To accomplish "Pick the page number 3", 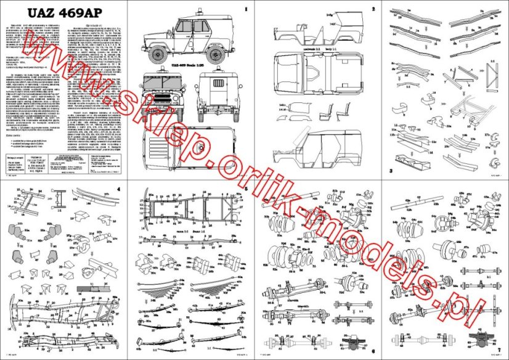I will [391, 170].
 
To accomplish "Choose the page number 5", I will [245, 187].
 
